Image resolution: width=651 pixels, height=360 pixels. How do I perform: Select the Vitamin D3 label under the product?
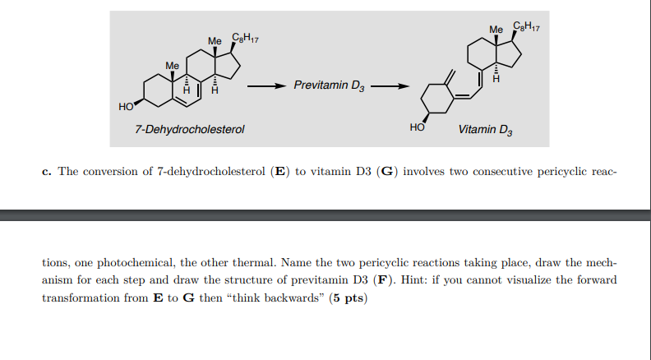pyautogui.click(x=485, y=129)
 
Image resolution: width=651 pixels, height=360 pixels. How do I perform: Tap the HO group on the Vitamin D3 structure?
pyautogui.click(x=418, y=128)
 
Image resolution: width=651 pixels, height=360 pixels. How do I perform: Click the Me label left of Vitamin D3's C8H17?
pyautogui.click(x=496, y=30)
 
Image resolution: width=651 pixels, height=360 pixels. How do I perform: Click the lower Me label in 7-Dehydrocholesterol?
pyautogui.click(x=172, y=63)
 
